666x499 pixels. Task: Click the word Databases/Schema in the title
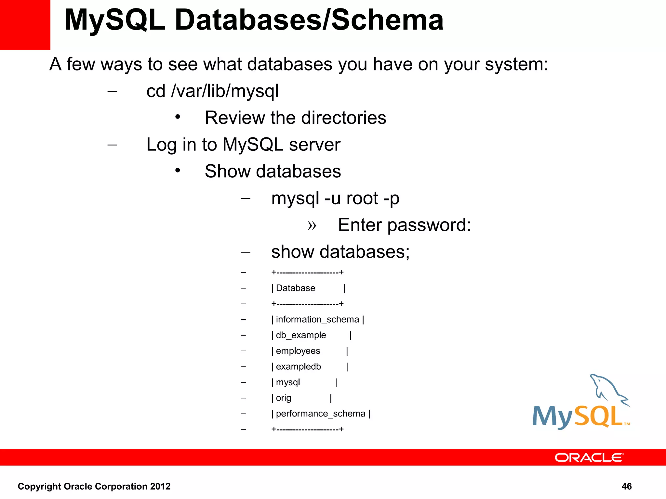pos(309,20)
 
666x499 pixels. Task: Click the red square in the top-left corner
pos(25,25)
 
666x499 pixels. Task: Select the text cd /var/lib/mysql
pos(212,91)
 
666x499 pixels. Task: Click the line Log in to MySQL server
pos(243,145)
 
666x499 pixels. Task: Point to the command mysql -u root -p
pos(335,198)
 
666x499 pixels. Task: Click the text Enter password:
pos(404,225)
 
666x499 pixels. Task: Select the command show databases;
pos(340,252)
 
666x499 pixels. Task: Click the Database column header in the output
pos(295,288)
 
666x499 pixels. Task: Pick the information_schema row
pos(317,320)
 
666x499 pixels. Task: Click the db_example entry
pos(301,335)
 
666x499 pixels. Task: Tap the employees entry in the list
pos(298,351)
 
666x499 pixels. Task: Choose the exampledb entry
pos(298,367)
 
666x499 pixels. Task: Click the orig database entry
pos(283,398)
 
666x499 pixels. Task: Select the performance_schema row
pos(320,414)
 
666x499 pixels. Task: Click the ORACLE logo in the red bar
pos(589,457)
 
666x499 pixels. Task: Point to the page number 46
pos(626,486)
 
